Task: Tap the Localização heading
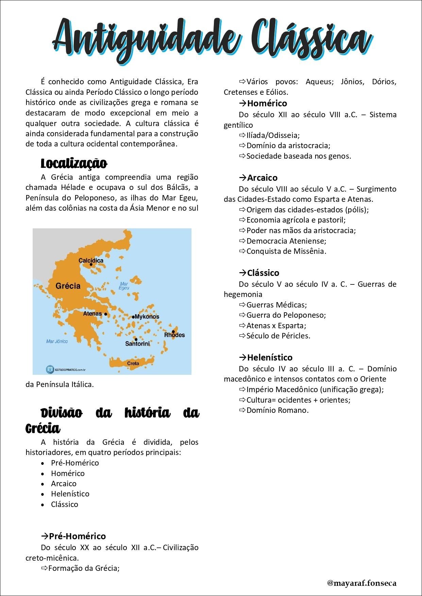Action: click(74, 163)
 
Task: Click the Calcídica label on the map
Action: click(91, 261)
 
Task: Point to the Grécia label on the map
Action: click(68, 286)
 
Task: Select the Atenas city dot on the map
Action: click(106, 314)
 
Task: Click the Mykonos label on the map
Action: click(147, 317)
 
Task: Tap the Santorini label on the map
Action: click(137, 344)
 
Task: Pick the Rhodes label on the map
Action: click(174, 335)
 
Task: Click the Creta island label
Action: click(133, 363)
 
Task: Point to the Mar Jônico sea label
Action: click(57, 341)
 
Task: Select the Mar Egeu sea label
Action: click(124, 286)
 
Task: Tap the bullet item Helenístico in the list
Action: click(70, 494)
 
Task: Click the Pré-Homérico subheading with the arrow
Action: click(73, 536)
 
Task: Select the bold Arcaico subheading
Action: click(262, 178)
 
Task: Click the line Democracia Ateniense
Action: click(286, 241)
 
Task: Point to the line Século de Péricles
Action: click(278, 336)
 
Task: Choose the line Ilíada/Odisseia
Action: click(273, 135)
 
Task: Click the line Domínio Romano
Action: click(277, 410)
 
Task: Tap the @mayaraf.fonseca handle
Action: click(361, 583)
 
